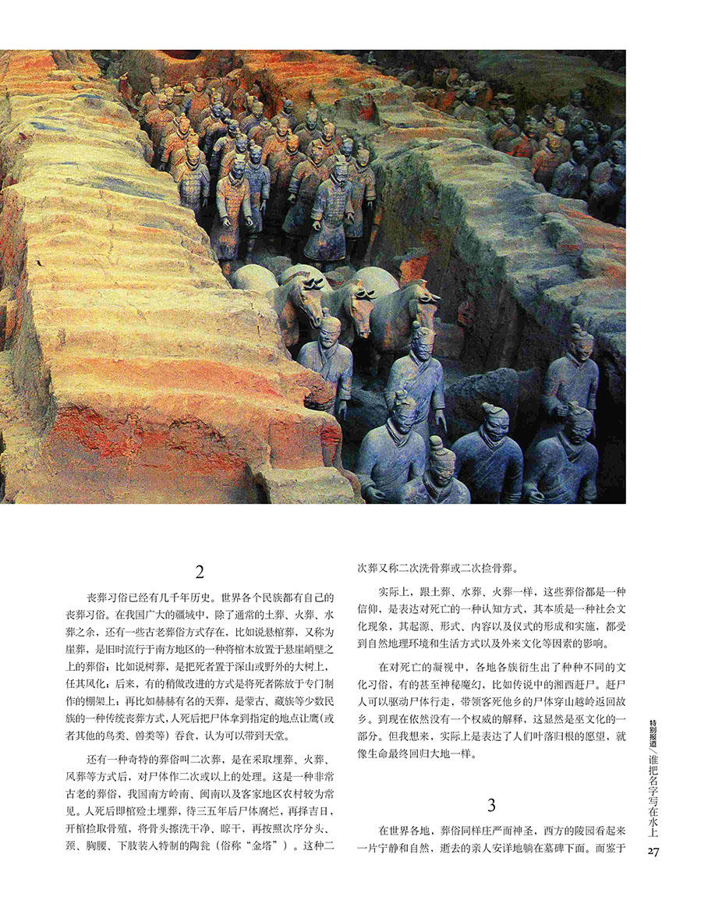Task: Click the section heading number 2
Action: tap(200, 573)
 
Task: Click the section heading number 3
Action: tap(491, 806)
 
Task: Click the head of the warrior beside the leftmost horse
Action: tap(330, 328)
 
